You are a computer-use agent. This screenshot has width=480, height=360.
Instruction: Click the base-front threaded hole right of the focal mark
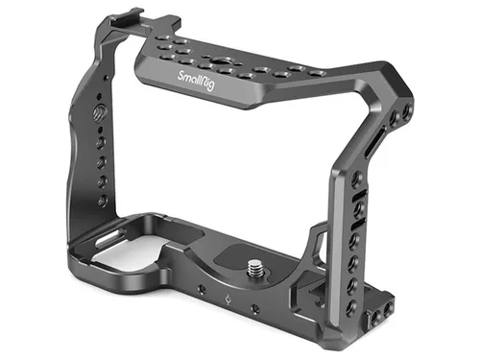tap(254, 308)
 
